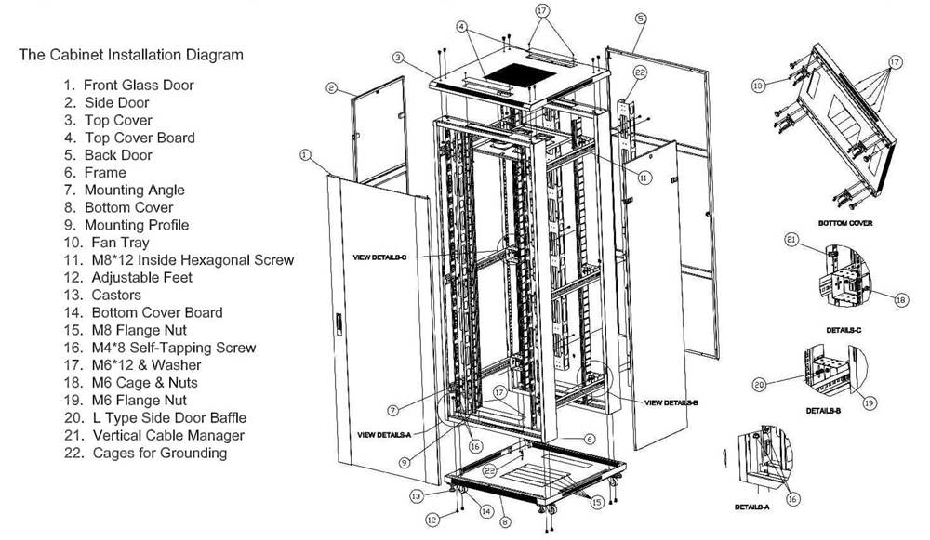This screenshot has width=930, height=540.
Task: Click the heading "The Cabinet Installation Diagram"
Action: coord(131,55)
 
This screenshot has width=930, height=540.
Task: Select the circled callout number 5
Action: coord(641,18)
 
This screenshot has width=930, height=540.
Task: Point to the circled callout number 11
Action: coord(644,177)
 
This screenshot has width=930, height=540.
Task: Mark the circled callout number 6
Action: coord(589,439)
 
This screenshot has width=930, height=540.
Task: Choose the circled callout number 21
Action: coord(792,240)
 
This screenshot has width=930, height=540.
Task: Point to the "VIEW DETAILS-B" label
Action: coord(671,402)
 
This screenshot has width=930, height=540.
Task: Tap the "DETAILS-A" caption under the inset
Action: coord(751,507)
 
